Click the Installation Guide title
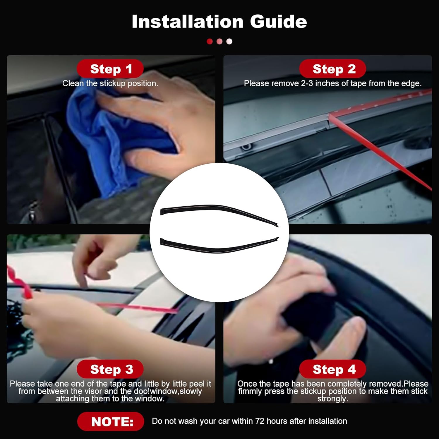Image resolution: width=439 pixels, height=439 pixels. (219, 22)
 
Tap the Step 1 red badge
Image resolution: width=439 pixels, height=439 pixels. (110, 69)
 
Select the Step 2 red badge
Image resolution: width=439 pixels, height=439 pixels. (333, 69)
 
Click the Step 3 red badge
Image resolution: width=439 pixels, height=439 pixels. (110, 369)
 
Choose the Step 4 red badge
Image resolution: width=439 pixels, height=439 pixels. (333, 369)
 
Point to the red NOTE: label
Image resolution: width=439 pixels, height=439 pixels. (111, 421)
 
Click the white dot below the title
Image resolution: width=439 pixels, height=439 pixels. (229, 42)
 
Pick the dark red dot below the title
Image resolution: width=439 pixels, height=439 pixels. (210, 42)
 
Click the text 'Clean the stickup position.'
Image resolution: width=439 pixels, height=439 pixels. (110, 83)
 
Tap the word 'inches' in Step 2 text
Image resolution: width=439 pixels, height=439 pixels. (327, 83)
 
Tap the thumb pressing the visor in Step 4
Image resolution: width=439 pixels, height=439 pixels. (351, 331)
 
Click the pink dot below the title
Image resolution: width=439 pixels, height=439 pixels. (220, 42)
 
